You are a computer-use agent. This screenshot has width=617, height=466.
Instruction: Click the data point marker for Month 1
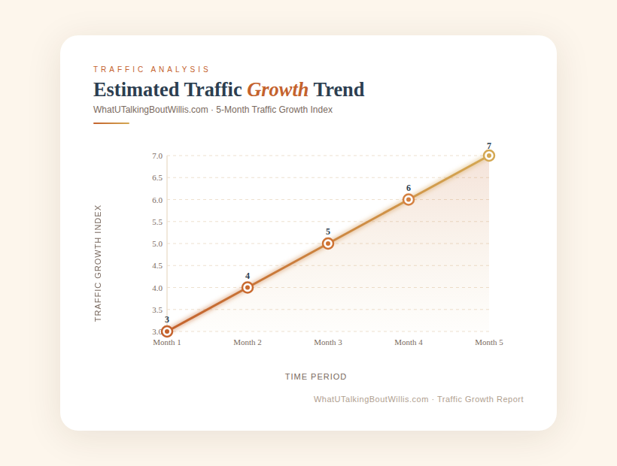pyautogui.click(x=167, y=331)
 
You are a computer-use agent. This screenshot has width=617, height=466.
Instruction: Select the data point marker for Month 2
pyautogui.click(x=248, y=287)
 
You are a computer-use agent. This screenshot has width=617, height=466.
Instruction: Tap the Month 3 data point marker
pyautogui.click(x=328, y=244)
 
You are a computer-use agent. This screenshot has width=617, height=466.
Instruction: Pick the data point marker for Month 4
pyautogui.click(x=409, y=200)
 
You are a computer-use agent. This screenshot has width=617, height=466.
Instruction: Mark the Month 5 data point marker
pyautogui.click(x=489, y=156)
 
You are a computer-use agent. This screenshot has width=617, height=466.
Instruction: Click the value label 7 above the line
pyautogui.click(x=489, y=146)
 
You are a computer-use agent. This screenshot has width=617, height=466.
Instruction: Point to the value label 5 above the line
pyautogui.click(x=328, y=232)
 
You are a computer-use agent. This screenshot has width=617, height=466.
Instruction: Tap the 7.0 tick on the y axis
pyautogui.click(x=157, y=156)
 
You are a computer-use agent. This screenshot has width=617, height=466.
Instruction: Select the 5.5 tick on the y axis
pyautogui.click(x=157, y=222)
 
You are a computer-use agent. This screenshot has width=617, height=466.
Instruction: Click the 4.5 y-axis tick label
pyautogui.click(x=157, y=266)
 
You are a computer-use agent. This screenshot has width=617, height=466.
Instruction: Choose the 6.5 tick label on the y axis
pyautogui.click(x=157, y=178)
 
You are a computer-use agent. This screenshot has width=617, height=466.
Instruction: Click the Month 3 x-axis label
pyautogui.click(x=328, y=343)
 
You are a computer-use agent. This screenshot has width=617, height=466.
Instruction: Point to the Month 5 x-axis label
pyautogui.click(x=489, y=343)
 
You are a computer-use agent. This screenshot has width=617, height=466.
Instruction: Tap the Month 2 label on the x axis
pyautogui.click(x=248, y=343)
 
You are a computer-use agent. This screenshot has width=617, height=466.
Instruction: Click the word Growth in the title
pyautogui.click(x=278, y=90)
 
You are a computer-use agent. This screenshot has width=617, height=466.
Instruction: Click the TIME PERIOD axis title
pyautogui.click(x=316, y=377)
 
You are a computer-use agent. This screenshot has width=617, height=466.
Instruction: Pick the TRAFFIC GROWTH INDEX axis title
pyautogui.click(x=98, y=263)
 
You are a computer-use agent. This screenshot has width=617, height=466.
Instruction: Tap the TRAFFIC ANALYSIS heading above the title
pyautogui.click(x=152, y=70)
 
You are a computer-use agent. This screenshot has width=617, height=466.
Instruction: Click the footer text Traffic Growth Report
pyautogui.click(x=480, y=399)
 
